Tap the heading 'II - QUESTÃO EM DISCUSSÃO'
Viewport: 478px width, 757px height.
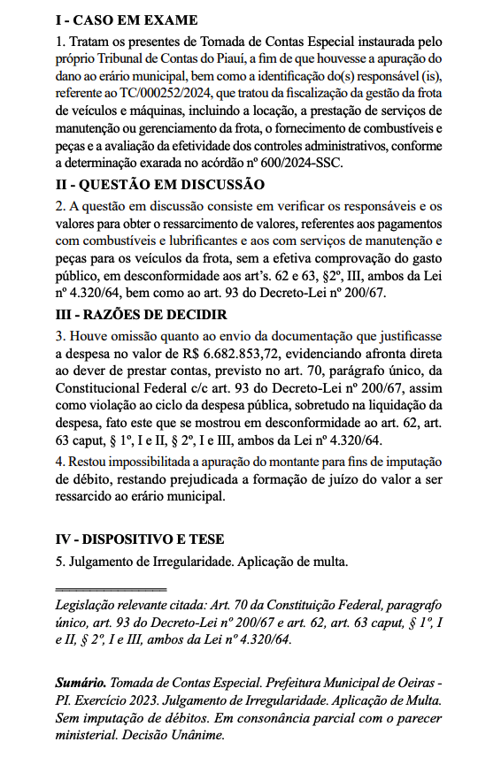159,184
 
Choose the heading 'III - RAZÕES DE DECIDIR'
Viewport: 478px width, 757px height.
142,315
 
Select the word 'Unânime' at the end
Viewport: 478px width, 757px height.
201,734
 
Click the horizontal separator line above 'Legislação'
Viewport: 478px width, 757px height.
111,588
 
